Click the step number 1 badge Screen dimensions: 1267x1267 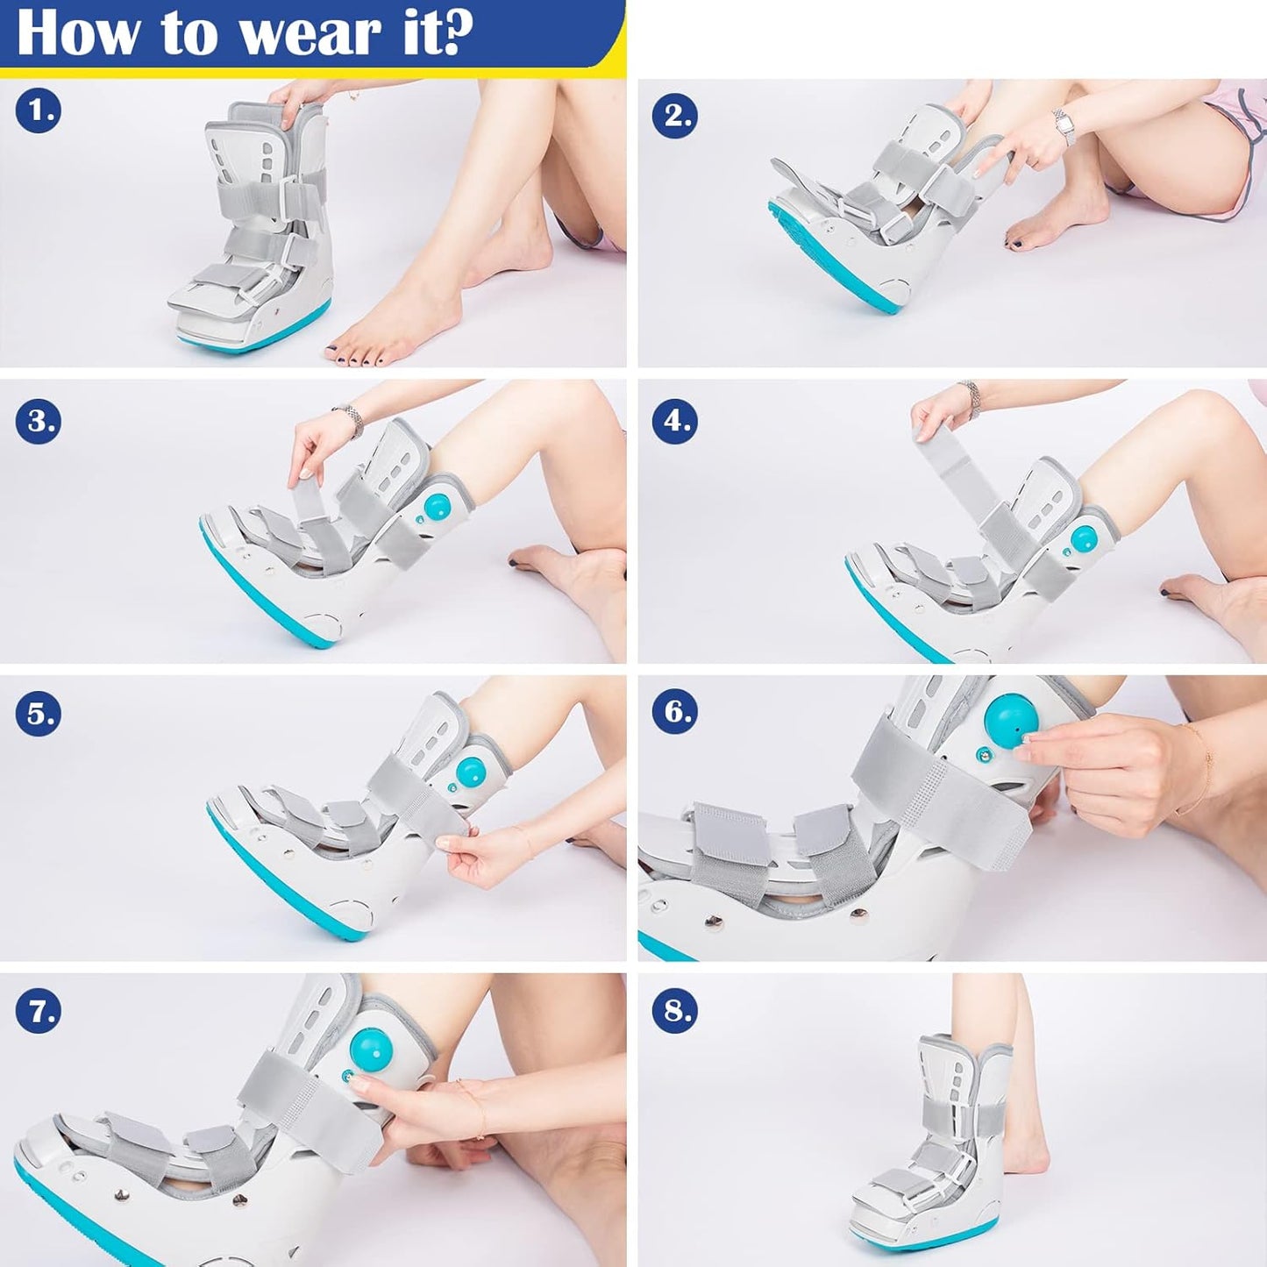click(x=38, y=111)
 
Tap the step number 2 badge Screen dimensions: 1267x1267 click(x=674, y=116)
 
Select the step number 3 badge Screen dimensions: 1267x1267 click(x=38, y=421)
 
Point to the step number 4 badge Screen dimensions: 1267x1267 click(x=674, y=421)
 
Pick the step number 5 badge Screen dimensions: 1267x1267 click(x=38, y=714)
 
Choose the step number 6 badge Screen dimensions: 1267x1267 click(x=674, y=711)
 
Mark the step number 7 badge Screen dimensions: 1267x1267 click(x=38, y=1012)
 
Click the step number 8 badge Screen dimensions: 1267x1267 click(x=674, y=1011)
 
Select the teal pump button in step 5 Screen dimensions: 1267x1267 click(x=471, y=772)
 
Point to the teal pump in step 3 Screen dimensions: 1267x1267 click(x=436, y=507)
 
